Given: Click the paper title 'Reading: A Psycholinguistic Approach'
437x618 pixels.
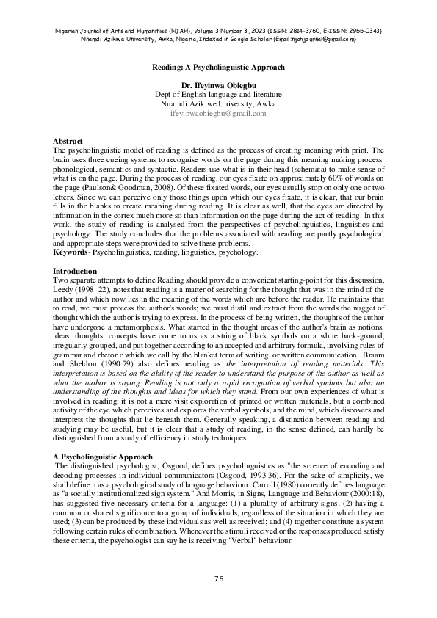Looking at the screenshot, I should pyautogui.click(x=218, y=67).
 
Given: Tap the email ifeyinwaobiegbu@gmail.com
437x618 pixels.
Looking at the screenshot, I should pyautogui.click(x=218, y=114).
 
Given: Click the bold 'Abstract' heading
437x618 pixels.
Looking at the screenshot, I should pyautogui.click(x=68, y=140).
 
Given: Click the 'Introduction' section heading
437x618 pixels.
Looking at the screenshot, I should pyautogui.click(x=74, y=272).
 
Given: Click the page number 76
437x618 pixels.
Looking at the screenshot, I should pyautogui.click(x=218, y=579).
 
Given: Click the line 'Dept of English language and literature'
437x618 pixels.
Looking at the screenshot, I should pyautogui.click(x=218, y=95).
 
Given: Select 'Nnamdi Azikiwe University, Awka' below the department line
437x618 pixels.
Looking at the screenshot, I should pyautogui.click(x=218, y=104).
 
